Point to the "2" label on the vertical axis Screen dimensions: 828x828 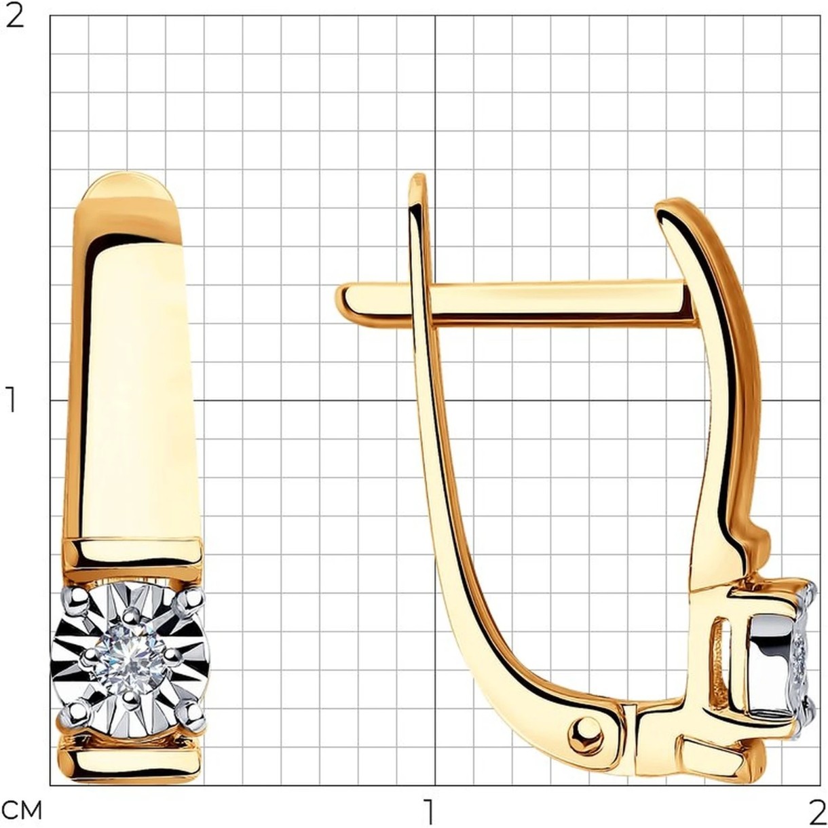click(x=15, y=16)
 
